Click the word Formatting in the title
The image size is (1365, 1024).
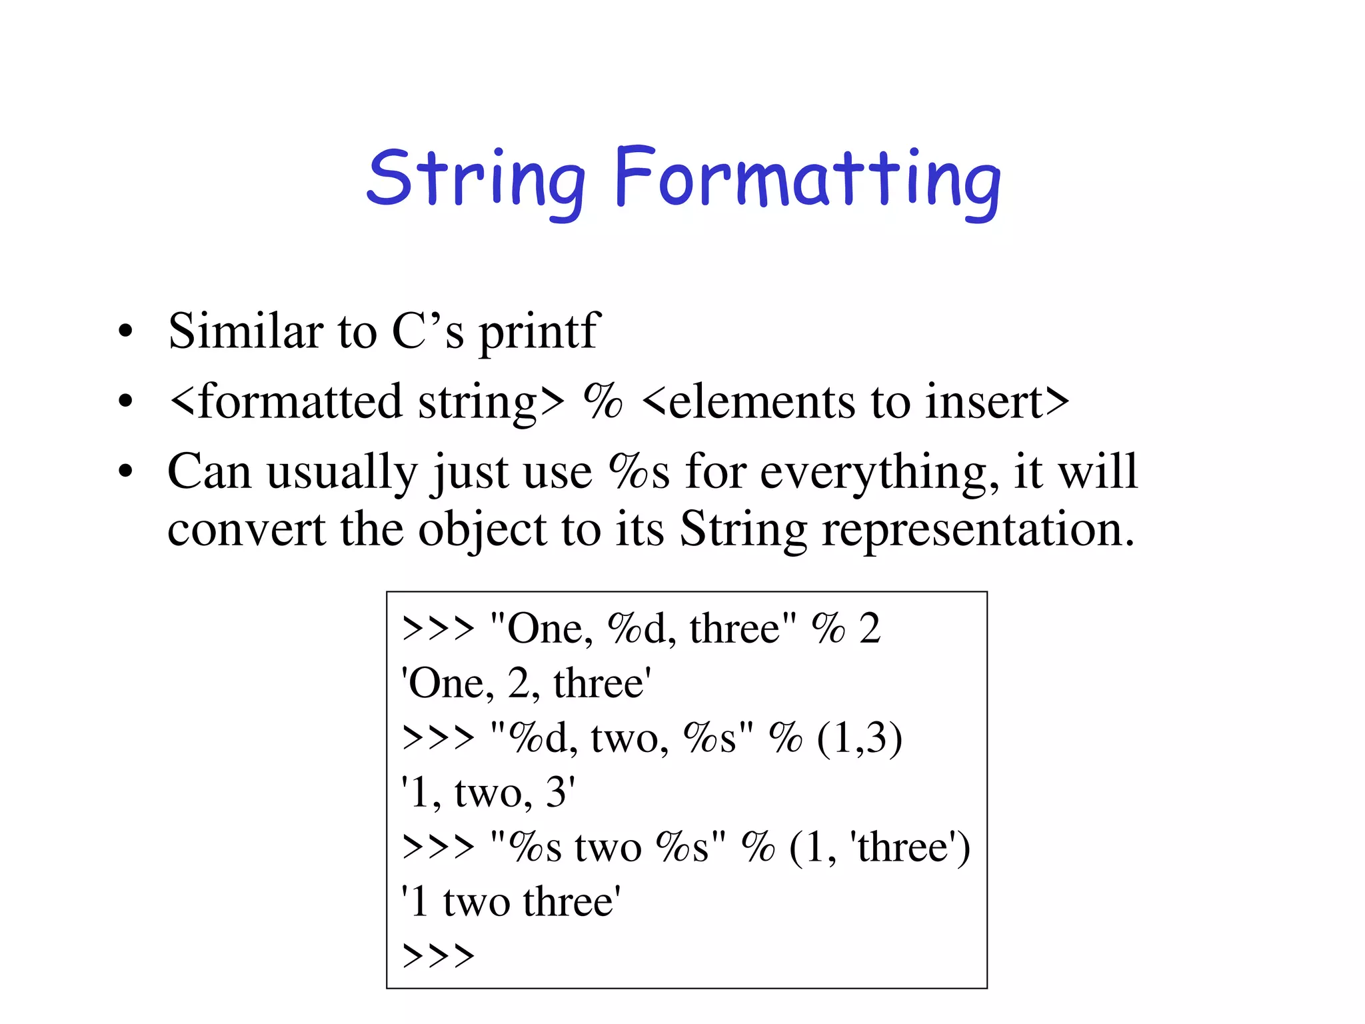coord(807,179)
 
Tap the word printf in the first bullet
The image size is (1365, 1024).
coord(540,332)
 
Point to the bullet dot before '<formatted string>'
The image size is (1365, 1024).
coord(125,402)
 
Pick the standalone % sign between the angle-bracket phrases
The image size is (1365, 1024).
coord(603,401)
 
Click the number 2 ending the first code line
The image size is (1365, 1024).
coord(870,629)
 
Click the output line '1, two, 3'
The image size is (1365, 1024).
coord(489,793)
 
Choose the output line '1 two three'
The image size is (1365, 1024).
coord(511,902)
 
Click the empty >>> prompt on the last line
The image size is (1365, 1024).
coord(439,957)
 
